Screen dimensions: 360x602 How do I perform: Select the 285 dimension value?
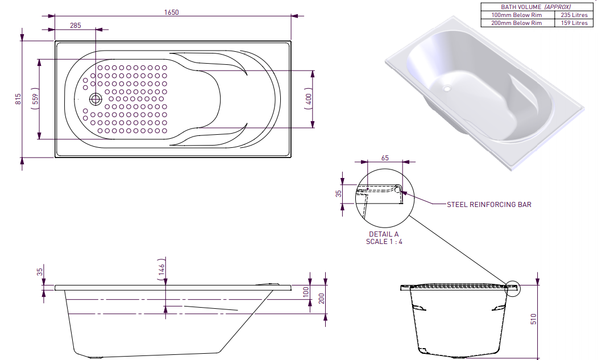(x=75, y=26)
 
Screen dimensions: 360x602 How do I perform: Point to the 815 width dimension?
(x=18, y=99)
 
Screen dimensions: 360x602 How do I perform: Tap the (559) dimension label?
(x=35, y=100)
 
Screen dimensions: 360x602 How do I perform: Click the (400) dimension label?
(x=308, y=100)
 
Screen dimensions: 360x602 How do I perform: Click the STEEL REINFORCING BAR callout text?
(x=489, y=204)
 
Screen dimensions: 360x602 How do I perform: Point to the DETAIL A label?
(x=384, y=234)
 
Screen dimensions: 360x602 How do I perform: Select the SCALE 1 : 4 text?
(x=384, y=241)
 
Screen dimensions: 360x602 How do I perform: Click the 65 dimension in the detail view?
(x=385, y=158)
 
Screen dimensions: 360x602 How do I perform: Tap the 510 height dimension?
(x=533, y=318)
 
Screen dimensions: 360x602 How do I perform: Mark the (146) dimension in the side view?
(x=161, y=270)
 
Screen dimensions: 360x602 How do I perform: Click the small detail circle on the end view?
(x=511, y=288)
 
